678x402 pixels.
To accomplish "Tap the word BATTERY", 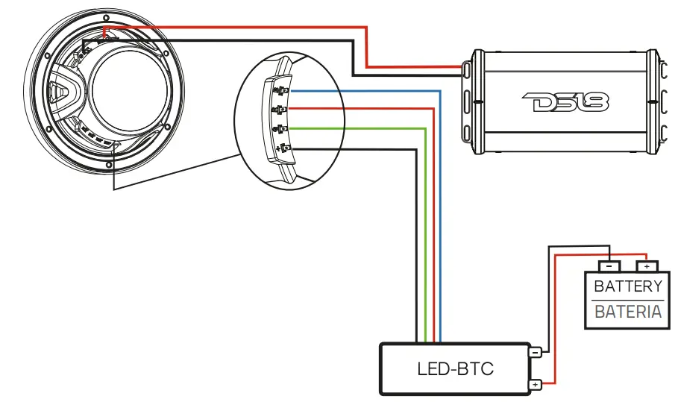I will [x=628, y=286].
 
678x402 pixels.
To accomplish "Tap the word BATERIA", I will [x=628, y=312].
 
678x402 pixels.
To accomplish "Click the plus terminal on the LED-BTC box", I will [x=535, y=385].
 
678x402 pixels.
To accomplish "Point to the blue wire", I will [x=440, y=224].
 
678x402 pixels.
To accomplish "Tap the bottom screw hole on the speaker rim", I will [x=109, y=163].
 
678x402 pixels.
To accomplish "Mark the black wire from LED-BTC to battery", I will [x=548, y=298].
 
